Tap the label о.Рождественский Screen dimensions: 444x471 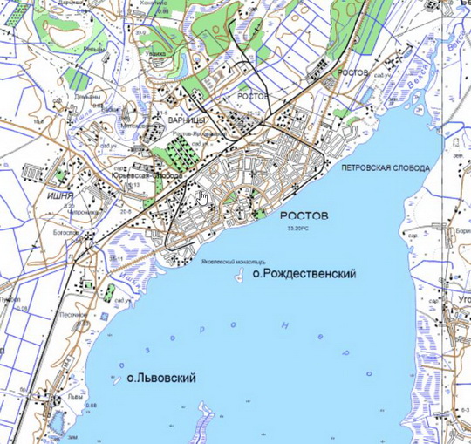(x=303, y=274)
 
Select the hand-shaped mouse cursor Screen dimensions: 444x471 (x=202, y=195)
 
